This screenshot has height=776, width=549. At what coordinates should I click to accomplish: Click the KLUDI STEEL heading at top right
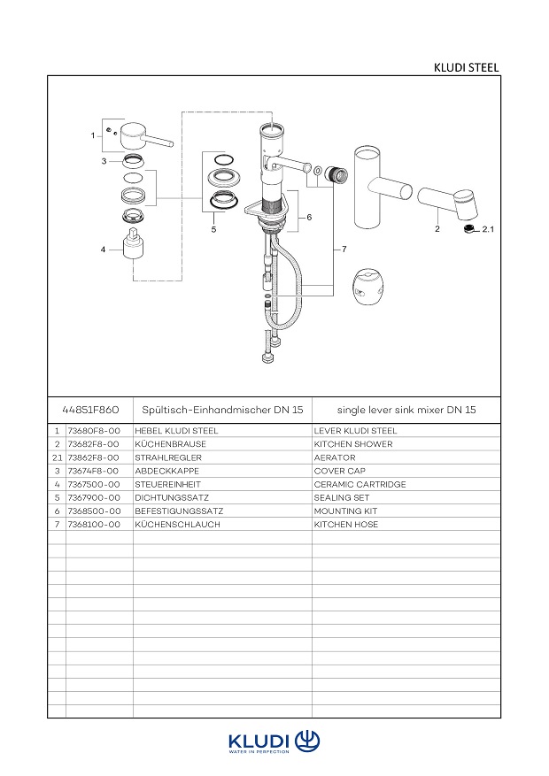[x=466, y=67]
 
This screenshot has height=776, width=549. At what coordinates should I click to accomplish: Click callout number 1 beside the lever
[x=93, y=135]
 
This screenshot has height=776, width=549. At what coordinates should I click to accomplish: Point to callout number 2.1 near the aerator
[x=488, y=229]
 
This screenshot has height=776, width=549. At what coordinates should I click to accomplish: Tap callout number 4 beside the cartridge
[x=103, y=250]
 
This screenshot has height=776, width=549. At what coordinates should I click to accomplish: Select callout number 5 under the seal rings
[x=214, y=230]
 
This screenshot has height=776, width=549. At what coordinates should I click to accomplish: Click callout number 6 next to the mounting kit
[x=309, y=217]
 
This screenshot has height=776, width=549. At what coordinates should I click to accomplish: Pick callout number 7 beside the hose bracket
[x=344, y=249]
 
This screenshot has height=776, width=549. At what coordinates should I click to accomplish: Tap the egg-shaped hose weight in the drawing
[x=368, y=286]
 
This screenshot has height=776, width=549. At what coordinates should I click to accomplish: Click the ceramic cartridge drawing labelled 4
[x=134, y=244]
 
